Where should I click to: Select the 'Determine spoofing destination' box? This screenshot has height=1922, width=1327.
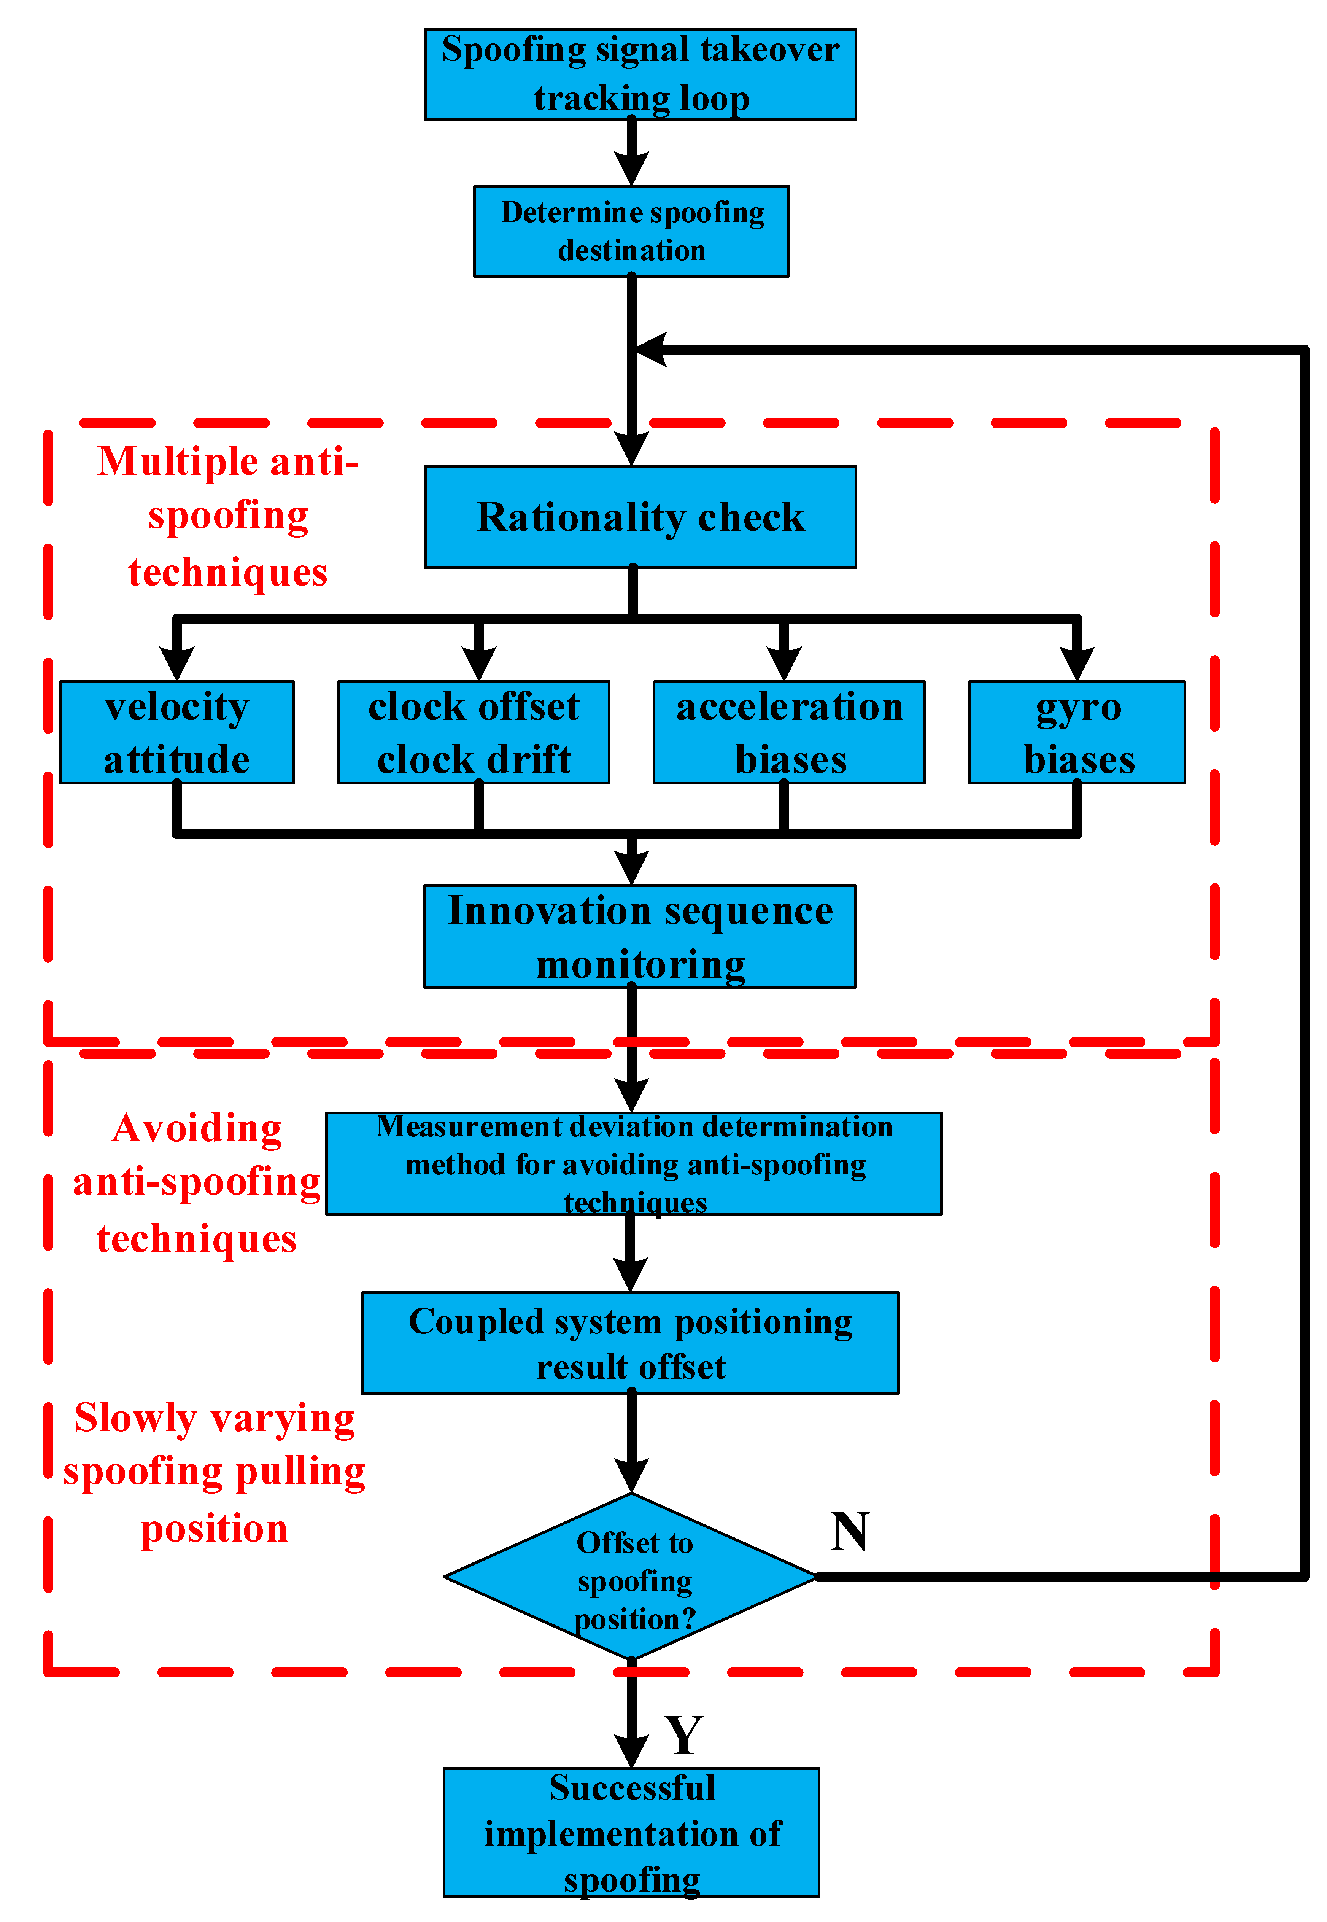[631, 231]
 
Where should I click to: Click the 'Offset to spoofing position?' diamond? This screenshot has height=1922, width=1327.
[631, 1576]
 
